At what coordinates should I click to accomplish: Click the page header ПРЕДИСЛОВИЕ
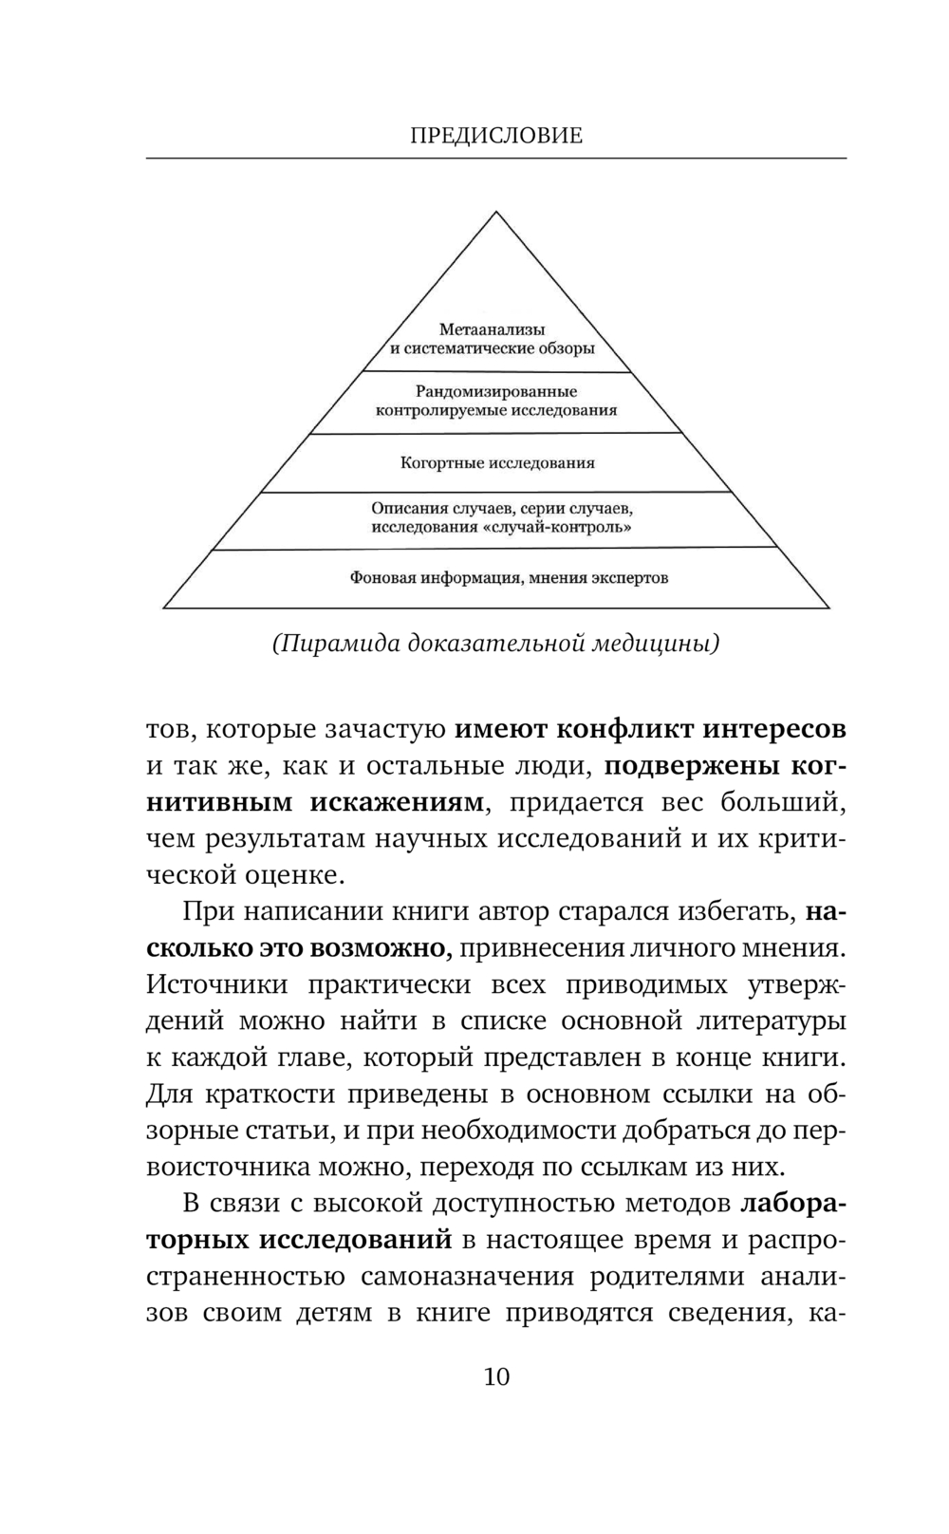pyautogui.click(x=496, y=136)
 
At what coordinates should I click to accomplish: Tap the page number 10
pyautogui.click(x=496, y=1376)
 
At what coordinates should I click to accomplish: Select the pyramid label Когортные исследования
pyautogui.click(x=497, y=463)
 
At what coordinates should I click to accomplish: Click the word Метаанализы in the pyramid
pyautogui.click(x=492, y=329)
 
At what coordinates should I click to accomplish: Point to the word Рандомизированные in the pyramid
pyautogui.click(x=496, y=391)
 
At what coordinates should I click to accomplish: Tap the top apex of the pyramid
pyautogui.click(x=496, y=214)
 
